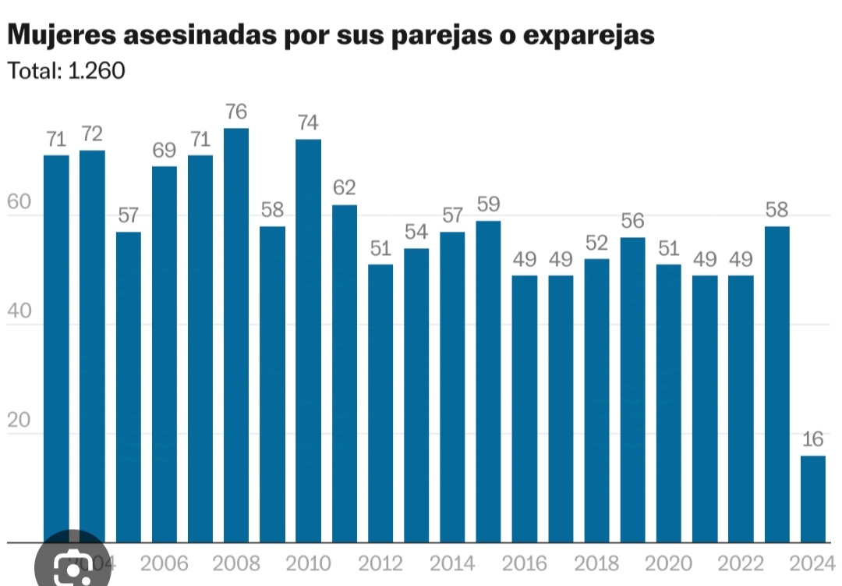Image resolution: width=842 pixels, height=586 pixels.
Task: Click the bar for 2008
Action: point(236,336)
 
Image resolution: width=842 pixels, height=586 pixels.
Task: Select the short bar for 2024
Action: point(813,499)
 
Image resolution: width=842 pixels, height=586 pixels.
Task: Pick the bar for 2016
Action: point(525,409)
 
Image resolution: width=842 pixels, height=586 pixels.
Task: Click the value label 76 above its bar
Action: point(236,112)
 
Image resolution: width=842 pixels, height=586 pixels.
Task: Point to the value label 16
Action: point(813,439)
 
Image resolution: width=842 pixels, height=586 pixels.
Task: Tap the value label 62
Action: point(345,188)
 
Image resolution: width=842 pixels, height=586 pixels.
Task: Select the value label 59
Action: point(489,204)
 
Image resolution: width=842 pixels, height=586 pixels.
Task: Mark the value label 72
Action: point(92,133)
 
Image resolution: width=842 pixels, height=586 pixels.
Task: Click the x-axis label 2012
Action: point(380,563)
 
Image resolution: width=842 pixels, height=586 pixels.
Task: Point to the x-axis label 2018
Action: point(596,563)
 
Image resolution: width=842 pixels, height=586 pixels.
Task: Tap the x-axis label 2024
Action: point(812,563)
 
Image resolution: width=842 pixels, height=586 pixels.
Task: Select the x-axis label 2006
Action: point(165,563)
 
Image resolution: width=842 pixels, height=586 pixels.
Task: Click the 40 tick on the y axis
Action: point(19,311)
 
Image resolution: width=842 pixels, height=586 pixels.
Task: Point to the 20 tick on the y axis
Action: point(19,421)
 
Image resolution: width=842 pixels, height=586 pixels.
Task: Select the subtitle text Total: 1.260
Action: point(66,71)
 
